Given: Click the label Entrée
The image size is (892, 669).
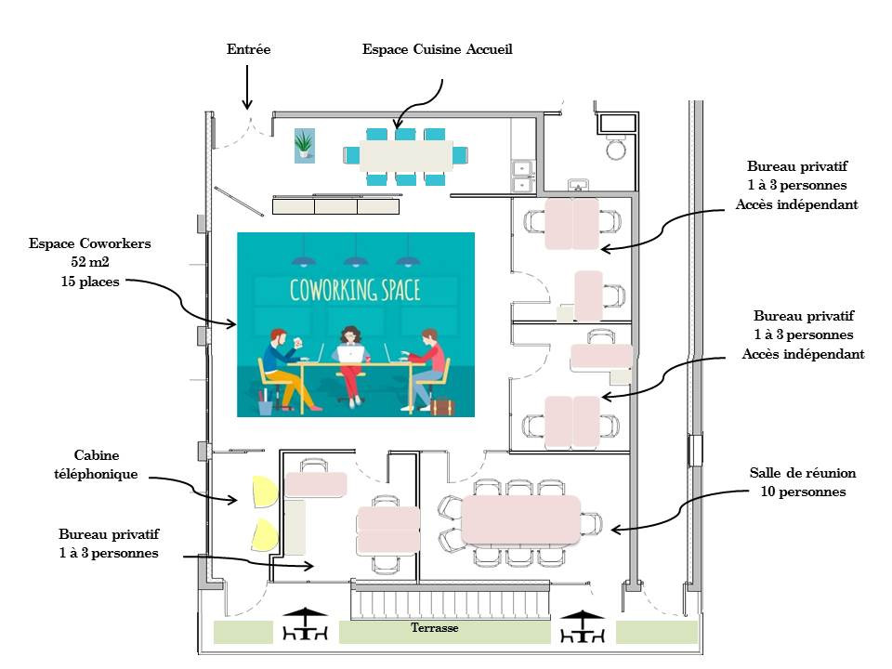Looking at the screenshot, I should pyautogui.click(x=248, y=49).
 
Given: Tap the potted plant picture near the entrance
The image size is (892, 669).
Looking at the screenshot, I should pyautogui.click(x=304, y=145).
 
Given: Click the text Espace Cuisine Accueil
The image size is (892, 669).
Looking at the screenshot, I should pyautogui.click(x=437, y=49).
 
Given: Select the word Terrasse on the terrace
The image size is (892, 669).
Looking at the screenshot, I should pyautogui.click(x=435, y=628).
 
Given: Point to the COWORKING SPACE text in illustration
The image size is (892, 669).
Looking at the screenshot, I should pyautogui.click(x=355, y=290).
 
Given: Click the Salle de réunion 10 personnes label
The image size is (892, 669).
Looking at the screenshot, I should pyautogui.click(x=802, y=482).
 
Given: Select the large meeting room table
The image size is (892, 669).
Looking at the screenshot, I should pyautogui.click(x=520, y=520).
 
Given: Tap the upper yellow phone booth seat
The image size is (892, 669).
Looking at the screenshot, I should pyautogui.click(x=262, y=492).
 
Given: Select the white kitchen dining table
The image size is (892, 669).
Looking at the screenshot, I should pyautogui.click(x=406, y=154).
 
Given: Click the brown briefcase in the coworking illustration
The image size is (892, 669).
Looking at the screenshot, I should pyautogui.click(x=442, y=407).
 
